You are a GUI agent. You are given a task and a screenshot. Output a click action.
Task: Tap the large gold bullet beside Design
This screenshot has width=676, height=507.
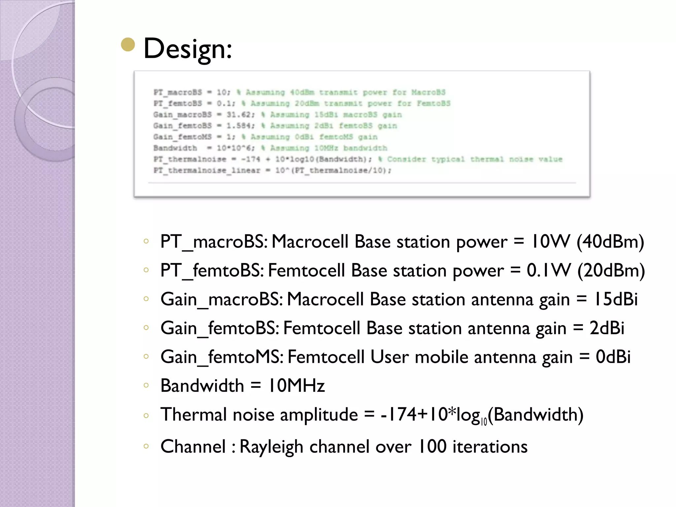pos(128,45)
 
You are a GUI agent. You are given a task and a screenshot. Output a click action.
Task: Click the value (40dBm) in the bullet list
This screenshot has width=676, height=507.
pos(610,242)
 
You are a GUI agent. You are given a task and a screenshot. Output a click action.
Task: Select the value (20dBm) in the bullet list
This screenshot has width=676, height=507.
pos(611,270)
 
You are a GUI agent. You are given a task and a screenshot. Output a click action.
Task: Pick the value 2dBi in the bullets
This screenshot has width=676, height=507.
pos(607,328)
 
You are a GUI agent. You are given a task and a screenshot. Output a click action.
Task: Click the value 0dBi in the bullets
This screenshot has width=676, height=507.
pos(613,357)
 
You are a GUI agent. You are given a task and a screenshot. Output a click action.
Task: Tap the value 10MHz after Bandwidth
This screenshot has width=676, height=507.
pos(296,386)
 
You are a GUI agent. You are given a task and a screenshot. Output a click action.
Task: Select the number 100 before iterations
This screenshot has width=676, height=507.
pos(432,447)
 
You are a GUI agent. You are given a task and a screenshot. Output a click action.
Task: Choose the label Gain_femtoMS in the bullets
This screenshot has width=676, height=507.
pos(221,357)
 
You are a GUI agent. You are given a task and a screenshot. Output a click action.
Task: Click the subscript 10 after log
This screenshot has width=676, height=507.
pos(484,422)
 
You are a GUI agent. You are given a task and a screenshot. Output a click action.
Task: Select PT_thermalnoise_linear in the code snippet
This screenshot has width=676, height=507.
pos(207,170)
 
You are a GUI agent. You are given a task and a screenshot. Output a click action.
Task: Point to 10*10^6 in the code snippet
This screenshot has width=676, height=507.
pos(235,148)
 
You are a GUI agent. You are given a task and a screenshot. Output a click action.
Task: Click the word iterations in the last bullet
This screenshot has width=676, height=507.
pos(490,447)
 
